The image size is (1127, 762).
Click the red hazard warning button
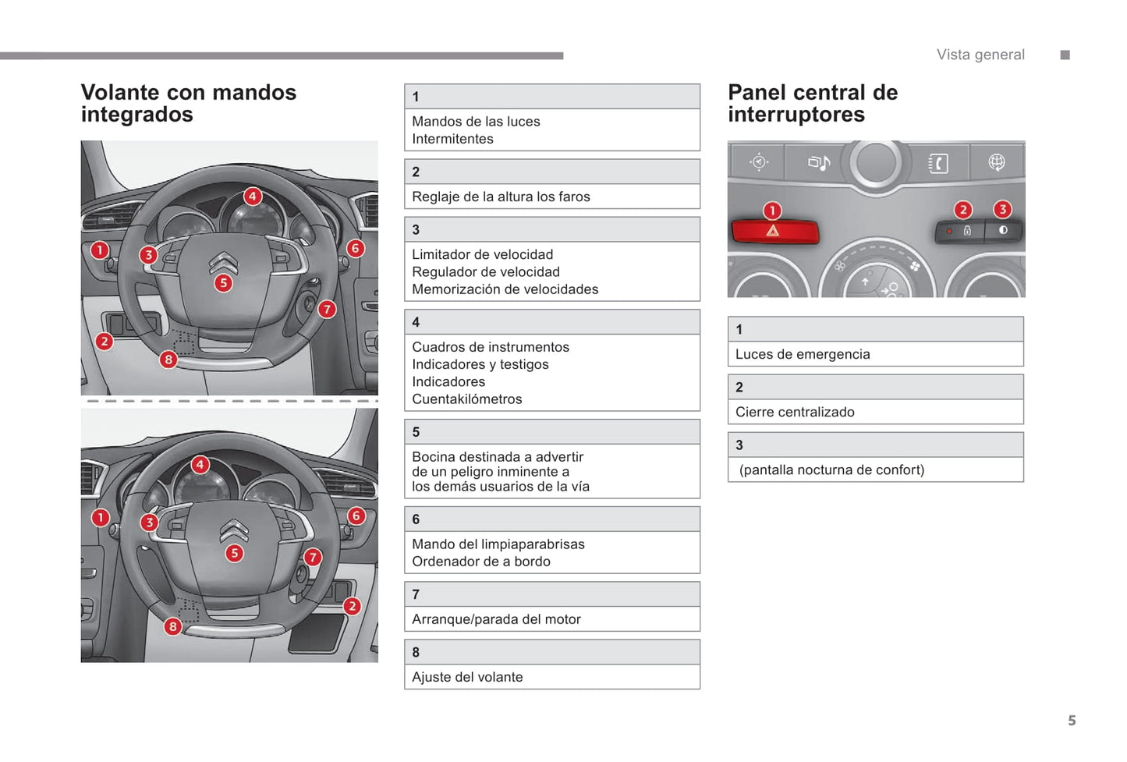coord(774,232)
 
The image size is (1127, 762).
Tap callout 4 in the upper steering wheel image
coord(252,197)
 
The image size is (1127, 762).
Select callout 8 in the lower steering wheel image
coord(173,626)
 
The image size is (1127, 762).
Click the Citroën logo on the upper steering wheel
coord(223,262)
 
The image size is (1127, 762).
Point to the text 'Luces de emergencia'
coord(802,354)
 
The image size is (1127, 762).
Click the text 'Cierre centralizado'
coord(794,412)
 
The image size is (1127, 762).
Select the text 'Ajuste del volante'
coord(467,677)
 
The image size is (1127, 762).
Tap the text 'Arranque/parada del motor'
coord(496,619)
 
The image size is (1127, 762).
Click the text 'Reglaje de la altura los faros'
coord(501,197)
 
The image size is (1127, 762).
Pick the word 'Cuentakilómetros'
coord(466,399)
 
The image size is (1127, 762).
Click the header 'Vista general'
coord(980,55)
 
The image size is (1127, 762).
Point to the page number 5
coord(1072,721)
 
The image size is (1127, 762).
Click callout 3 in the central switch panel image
coord(1002,209)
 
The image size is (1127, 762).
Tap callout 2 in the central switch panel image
coord(963,209)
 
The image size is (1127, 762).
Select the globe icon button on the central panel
coord(996,162)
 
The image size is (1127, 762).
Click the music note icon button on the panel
coord(818,162)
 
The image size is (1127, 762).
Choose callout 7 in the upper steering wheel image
coord(327,310)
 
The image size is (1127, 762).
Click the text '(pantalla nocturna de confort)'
coord(831,470)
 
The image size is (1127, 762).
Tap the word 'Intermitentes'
coord(452,139)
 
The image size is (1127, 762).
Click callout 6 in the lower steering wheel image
coord(356,516)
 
